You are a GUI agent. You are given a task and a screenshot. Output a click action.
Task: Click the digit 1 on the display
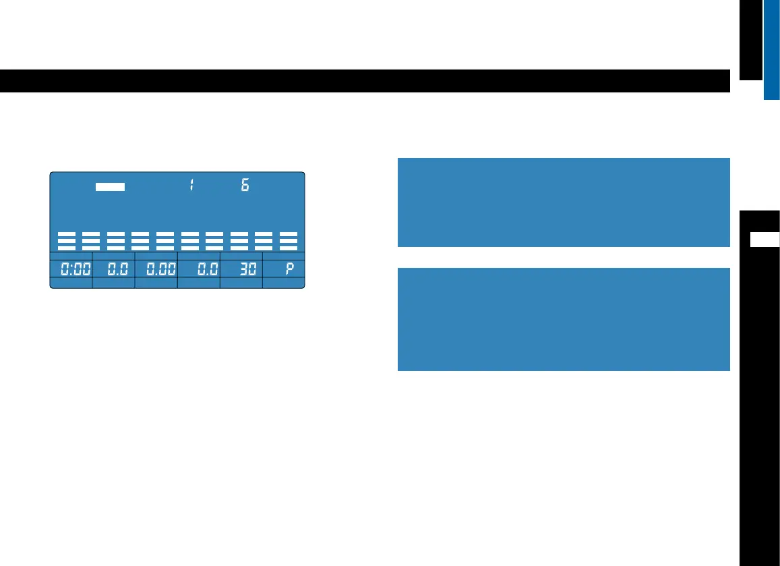click(191, 186)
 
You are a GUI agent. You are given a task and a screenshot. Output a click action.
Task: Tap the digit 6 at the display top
click(245, 186)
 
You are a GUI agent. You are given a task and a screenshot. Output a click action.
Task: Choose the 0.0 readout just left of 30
click(205, 271)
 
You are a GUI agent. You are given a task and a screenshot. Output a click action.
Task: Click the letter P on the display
click(290, 271)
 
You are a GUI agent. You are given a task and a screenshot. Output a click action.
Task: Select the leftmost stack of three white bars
click(66, 241)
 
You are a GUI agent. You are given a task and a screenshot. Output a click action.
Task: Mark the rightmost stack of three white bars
click(289, 241)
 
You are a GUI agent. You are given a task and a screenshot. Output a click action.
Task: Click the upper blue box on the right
click(564, 202)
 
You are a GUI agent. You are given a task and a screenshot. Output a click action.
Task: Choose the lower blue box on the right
click(564, 319)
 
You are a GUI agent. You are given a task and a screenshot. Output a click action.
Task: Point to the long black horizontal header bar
click(365, 81)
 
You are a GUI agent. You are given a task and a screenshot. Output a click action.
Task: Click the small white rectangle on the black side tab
click(765, 239)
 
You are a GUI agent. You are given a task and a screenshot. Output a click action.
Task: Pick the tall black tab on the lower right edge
click(760, 405)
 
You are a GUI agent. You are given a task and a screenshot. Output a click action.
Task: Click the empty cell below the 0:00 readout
click(71, 284)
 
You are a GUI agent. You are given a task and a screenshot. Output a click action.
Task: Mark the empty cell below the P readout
click(283, 284)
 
